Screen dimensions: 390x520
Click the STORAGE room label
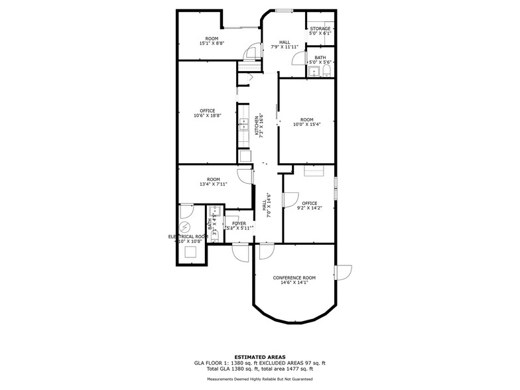(x=320, y=29)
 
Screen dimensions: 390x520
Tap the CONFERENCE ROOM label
(x=294, y=277)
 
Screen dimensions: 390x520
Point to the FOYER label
(x=239, y=224)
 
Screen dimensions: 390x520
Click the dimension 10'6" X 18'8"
(x=207, y=115)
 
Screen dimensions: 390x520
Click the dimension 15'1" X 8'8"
(x=212, y=43)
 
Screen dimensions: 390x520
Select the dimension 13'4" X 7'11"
(x=213, y=184)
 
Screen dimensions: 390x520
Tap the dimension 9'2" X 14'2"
(x=309, y=208)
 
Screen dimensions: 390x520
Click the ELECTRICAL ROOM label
(x=188, y=236)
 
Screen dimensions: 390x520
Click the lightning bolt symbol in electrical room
(x=185, y=226)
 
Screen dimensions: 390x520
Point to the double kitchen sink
(x=243, y=126)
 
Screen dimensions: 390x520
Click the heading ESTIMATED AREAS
(x=259, y=357)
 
